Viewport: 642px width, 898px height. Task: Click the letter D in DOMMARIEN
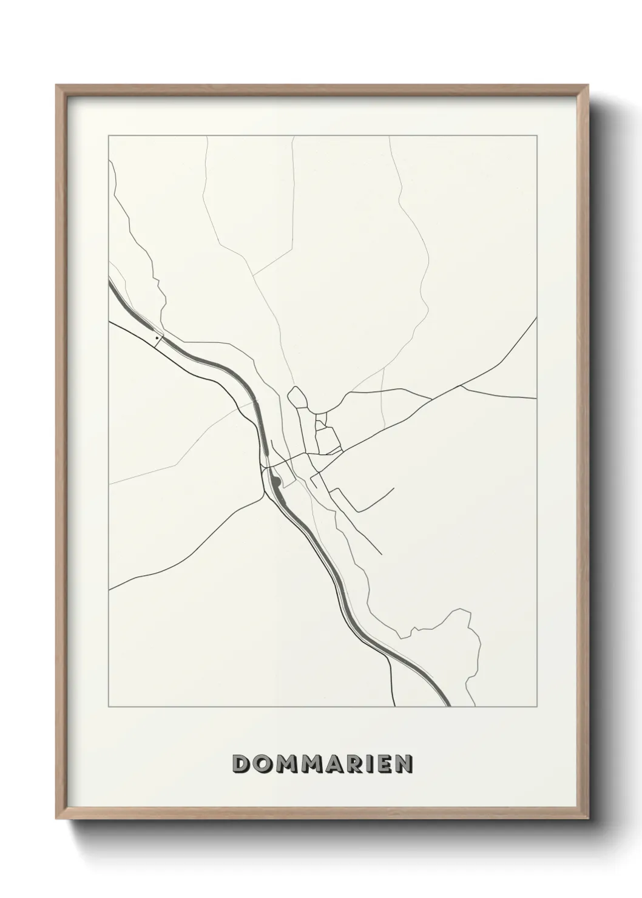pyautogui.click(x=242, y=764)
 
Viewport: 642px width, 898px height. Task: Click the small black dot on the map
pyautogui.click(x=157, y=337)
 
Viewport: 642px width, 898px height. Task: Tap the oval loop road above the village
pyautogui.click(x=297, y=398)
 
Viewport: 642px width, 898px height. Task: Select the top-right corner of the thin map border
pyautogui.click(x=536, y=136)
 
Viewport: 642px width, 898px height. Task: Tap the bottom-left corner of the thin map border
pyautogui.click(x=108, y=707)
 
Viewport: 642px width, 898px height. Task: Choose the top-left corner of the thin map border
pyautogui.click(x=108, y=136)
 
